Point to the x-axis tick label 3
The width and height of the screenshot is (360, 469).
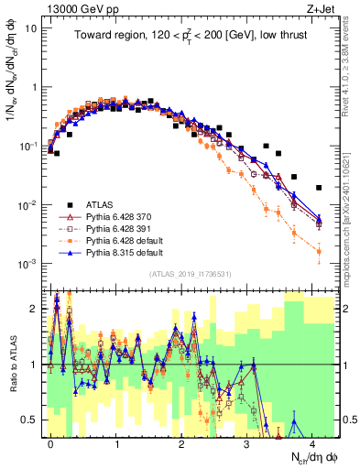249,443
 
